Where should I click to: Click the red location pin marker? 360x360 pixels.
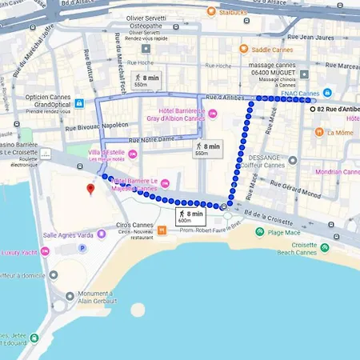(x=90, y=189)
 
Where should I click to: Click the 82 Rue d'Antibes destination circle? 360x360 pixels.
(x=312, y=108)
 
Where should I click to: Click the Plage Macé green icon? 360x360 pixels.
(x=260, y=232)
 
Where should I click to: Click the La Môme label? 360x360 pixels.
(x=340, y=133)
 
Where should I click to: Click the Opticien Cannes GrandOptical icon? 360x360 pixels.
(x=79, y=103)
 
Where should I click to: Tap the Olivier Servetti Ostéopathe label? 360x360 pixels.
(x=157, y=27)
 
